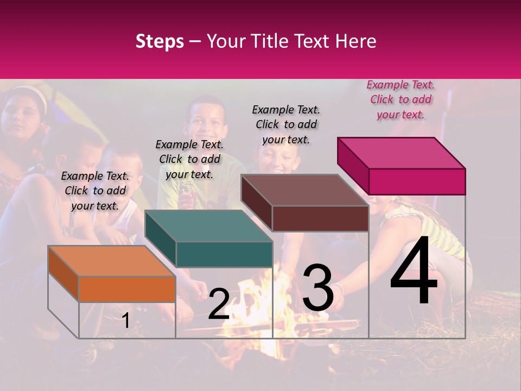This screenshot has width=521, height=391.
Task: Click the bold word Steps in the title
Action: click(x=160, y=42)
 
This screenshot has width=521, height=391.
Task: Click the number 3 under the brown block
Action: click(x=318, y=288)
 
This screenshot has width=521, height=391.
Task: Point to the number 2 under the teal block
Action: click(x=219, y=304)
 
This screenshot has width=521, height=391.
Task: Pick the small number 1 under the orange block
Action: click(x=125, y=321)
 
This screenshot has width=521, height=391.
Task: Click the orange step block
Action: click(x=112, y=274)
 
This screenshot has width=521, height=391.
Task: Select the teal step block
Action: click(x=209, y=239)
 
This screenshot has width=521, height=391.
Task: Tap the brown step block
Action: click(x=305, y=204)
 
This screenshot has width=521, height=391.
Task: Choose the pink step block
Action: click(x=402, y=166)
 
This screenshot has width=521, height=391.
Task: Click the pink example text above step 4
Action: click(x=401, y=99)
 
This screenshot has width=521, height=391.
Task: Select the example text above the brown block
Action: click(x=286, y=124)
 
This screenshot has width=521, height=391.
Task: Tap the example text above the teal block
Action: click(x=189, y=159)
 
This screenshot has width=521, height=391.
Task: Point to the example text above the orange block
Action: click(x=95, y=191)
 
